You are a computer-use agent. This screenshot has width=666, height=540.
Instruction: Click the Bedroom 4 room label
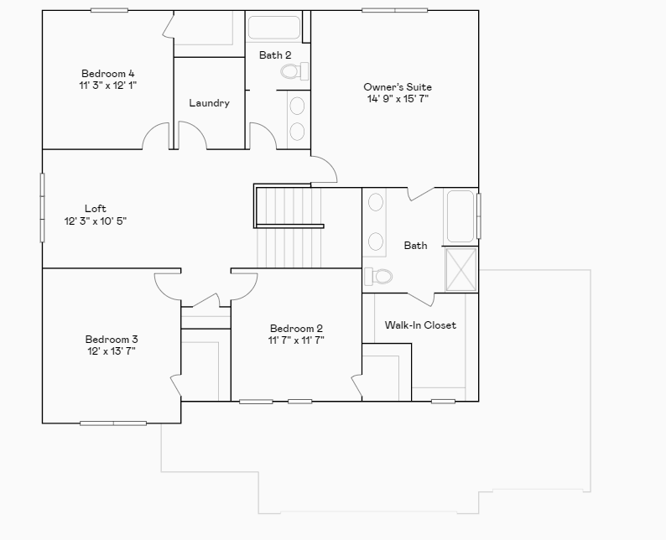tap(107, 73)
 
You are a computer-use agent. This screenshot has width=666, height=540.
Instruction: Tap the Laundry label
tap(209, 103)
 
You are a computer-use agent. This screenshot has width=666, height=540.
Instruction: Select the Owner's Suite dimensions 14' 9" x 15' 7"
tap(398, 99)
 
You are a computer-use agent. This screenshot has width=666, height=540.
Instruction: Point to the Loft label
tap(96, 209)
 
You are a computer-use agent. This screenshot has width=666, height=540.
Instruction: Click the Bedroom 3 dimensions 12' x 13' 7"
tap(112, 351)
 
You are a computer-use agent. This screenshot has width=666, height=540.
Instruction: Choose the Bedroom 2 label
tap(296, 329)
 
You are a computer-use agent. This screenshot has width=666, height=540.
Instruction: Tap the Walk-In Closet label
tap(420, 325)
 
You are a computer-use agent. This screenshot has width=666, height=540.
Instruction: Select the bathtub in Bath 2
tap(273, 28)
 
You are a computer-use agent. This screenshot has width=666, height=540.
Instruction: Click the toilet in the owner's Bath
tap(380, 276)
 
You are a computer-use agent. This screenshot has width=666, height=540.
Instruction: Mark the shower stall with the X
tap(460, 269)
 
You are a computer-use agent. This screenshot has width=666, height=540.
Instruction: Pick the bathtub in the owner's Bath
tap(460, 216)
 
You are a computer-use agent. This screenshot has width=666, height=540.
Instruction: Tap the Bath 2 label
tap(274, 55)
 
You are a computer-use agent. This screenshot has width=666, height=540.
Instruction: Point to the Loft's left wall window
tap(43, 207)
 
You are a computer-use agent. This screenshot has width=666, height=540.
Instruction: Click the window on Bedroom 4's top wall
tap(109, 10)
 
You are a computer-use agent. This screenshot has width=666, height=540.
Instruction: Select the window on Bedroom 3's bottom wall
tap(112, 423)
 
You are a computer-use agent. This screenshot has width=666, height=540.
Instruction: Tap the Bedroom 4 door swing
tap(155, 137)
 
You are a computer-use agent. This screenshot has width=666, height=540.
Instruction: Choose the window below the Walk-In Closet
tap(443, 401)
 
